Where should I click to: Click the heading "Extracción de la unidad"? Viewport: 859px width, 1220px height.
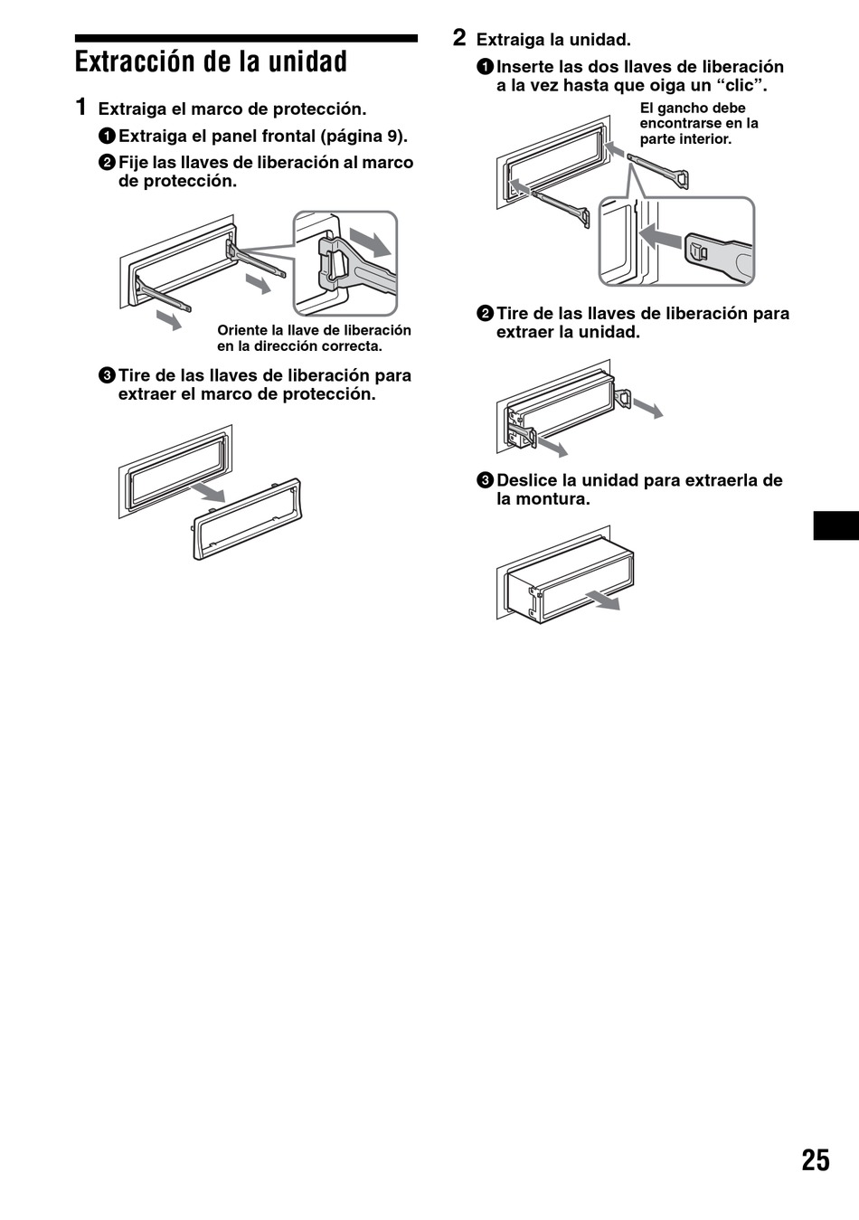[211, 61]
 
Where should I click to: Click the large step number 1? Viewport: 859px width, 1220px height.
[80, 108]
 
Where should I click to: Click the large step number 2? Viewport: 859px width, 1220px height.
[459, 38]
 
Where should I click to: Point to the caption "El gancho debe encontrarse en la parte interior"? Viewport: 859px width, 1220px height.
[699, 124]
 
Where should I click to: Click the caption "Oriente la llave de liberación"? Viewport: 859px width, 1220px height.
[314, 331]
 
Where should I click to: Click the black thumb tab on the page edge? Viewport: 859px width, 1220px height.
[836, 525]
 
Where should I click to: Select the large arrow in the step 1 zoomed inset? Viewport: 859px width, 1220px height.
[371, 241]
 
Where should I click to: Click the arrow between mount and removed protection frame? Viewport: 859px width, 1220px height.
[208, 492]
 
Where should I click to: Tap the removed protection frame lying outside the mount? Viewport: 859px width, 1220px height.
[247, 520]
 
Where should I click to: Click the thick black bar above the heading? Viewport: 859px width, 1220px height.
[246, 38]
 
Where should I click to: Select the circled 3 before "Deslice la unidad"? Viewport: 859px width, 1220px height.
[485, 481]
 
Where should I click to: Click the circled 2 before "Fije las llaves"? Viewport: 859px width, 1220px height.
[107, 163]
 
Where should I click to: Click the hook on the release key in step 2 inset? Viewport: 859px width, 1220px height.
[699, 252]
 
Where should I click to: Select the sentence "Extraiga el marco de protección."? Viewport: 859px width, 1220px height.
[232, 109]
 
